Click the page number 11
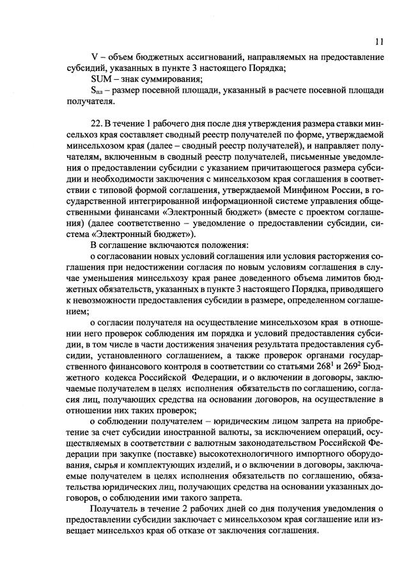[x=379, y=43]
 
